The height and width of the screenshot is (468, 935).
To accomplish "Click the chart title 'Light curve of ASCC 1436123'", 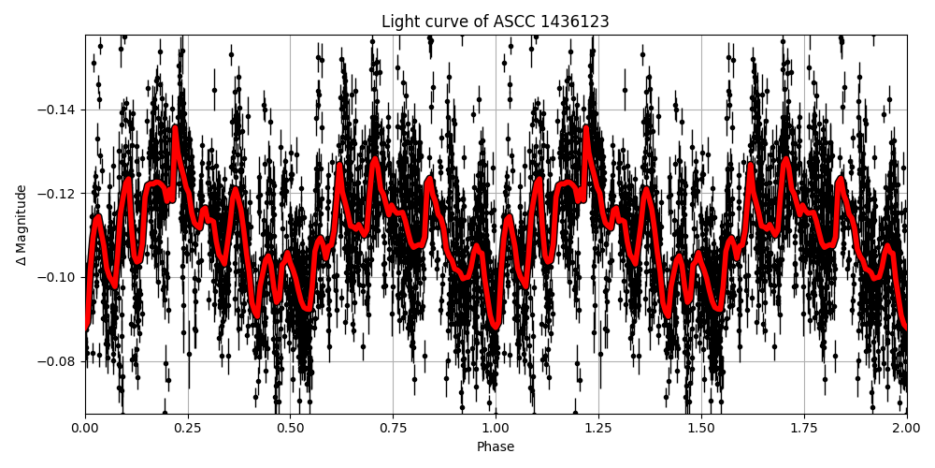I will [496, 22].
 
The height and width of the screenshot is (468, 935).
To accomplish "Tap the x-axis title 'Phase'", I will [496, 447].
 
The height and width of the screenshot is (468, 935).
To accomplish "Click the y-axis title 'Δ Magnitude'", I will [22, 225].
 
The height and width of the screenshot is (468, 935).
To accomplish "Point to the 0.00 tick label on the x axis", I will [85, 429].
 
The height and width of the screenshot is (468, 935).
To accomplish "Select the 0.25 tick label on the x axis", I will [188, 429].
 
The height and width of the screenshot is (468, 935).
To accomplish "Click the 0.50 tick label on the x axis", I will [290, 429].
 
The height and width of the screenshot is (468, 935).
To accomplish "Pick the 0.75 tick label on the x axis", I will [393, 429].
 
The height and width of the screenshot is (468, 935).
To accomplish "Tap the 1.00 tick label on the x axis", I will [496, 429].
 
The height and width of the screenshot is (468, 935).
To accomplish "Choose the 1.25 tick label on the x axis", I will [598, 429].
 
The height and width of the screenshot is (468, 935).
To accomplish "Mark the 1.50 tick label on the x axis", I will [701, 429].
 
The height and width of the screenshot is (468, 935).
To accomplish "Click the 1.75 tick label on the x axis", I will [803, 429].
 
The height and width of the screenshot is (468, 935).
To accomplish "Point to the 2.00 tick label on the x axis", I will [906, 429].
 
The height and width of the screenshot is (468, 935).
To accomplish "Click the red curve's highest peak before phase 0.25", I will [175, 127].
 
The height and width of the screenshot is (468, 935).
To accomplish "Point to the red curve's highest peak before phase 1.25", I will [586, 127].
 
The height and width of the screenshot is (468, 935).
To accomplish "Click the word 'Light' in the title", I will [399, 22].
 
